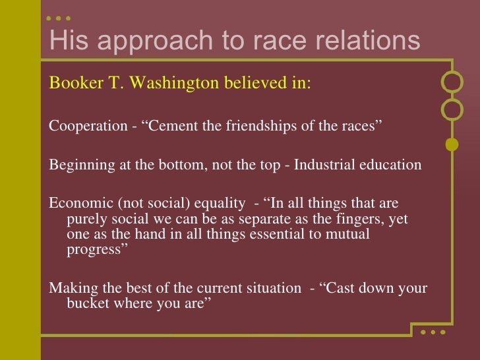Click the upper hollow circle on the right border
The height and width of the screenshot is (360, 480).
tap(452, 82)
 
